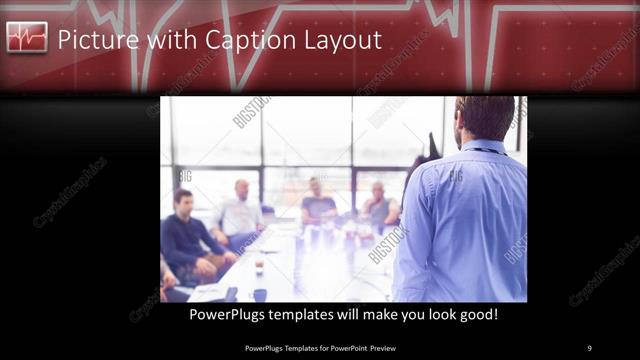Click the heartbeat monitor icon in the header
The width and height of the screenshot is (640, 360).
pos(27,39)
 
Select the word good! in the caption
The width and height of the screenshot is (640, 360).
pos(475,314)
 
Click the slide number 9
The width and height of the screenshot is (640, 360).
pos(589,347)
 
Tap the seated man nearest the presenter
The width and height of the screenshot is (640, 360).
pos(380,205)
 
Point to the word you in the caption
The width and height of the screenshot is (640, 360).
pos(403,314)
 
